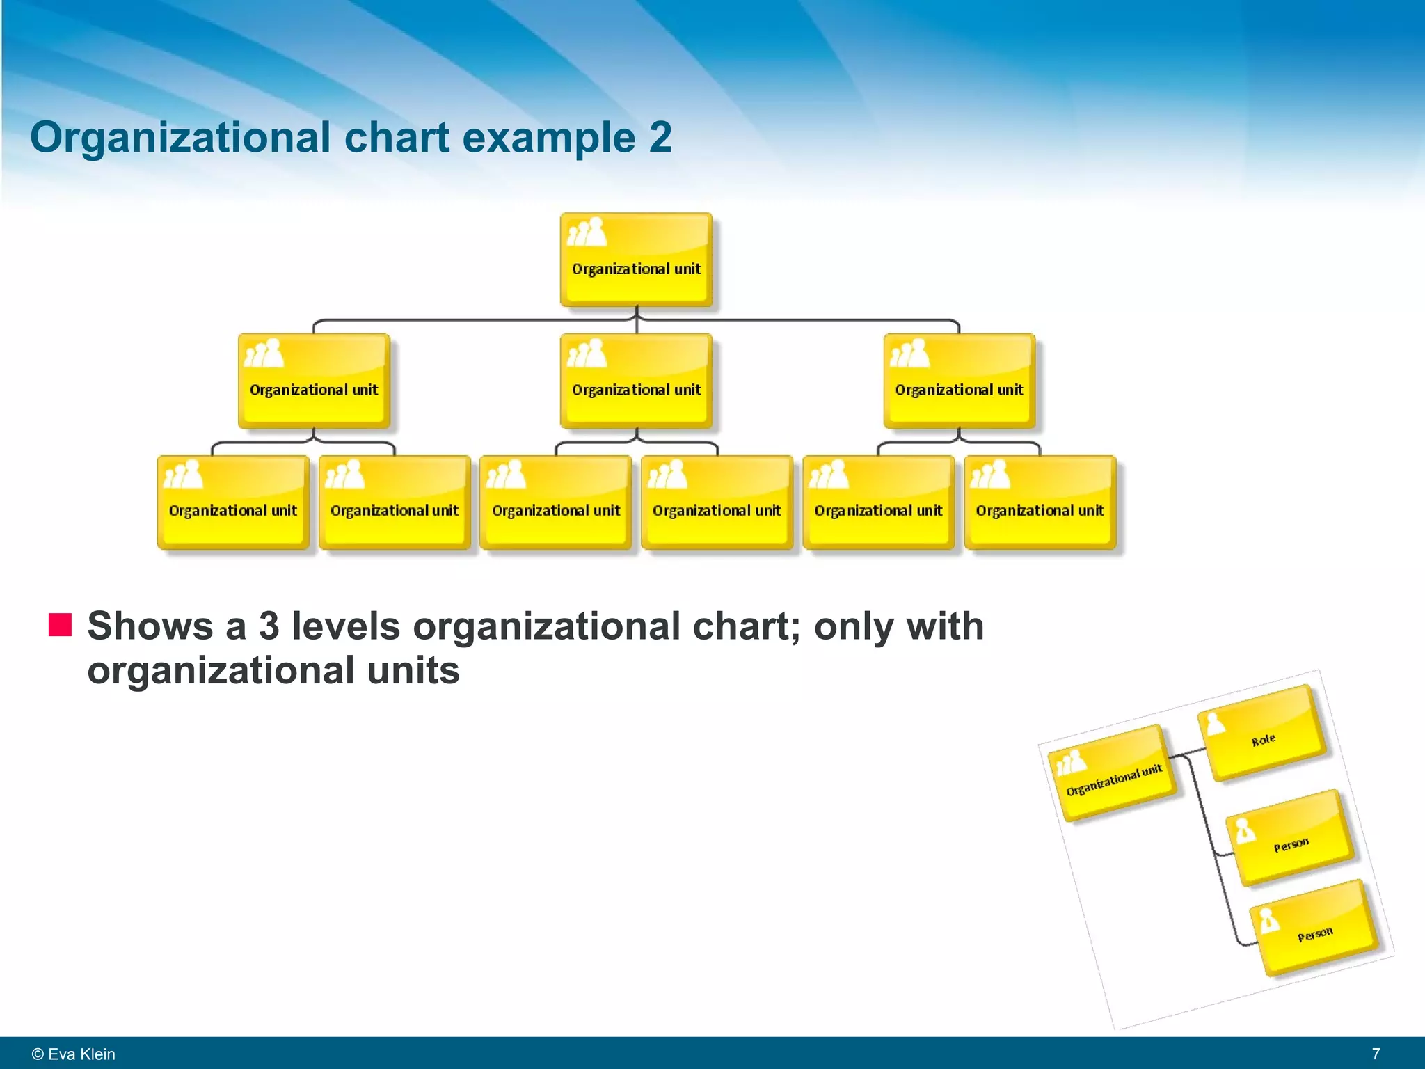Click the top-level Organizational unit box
636,260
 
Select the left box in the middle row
314,381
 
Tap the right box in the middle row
959,381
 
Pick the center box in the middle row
636,381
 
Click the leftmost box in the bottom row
233,502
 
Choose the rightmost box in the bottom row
1040,502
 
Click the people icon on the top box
587,232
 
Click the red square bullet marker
60,625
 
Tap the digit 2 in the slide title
660,137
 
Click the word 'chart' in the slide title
397,137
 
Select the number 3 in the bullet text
269,626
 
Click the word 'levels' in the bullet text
346,626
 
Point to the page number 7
1376,1054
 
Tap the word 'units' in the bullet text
413,670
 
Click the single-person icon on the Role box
1215,724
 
